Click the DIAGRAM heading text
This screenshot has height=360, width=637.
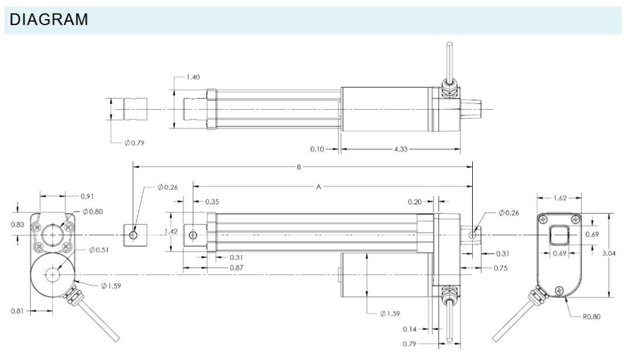(x=49, y=20)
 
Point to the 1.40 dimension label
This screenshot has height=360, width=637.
(x=193, y=77)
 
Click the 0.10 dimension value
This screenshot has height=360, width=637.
(x=317, y=149)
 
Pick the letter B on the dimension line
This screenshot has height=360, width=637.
(x=299, y=167)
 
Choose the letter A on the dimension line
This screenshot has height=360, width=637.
(x=318, y=187)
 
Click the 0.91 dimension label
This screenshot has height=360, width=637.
(x=87, y=196)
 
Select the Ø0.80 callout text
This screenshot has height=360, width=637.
(x=93, y=212)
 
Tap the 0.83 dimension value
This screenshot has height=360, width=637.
(x=18, y=224)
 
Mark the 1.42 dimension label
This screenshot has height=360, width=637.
(x=171, y=231)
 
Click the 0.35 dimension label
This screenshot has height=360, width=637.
(x=212, y=201)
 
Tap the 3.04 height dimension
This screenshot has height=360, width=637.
(x=609, y=253)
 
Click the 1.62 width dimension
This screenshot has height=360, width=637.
(x=559, y=198)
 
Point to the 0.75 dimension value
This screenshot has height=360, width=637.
(x=500, y=268)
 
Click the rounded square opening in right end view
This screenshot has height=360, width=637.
(x=559, y=236)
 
